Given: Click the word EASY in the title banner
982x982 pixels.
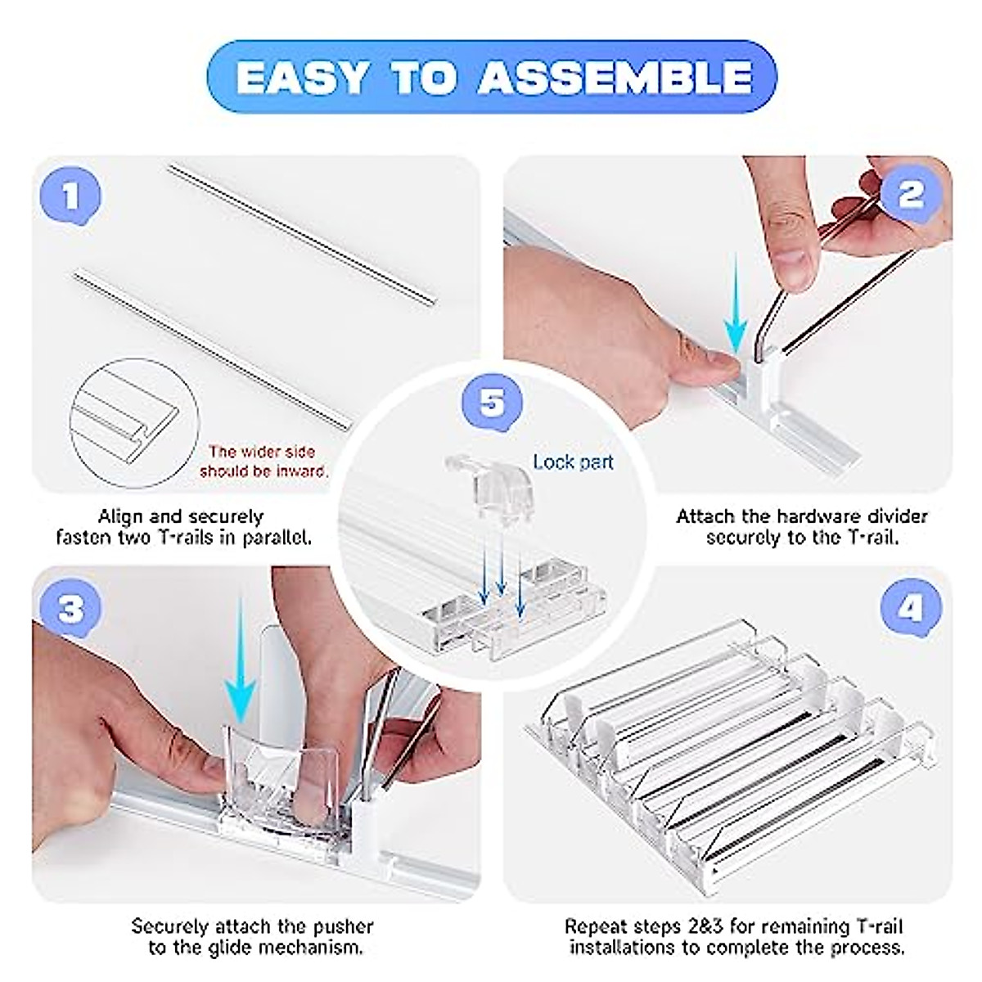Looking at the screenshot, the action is pyautogui.click(x=301, y=78).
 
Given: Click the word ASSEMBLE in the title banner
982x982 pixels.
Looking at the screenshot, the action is pyautogui.click(x=615, y=78).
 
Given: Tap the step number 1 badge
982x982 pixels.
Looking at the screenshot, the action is pyautogui.click(x=71, y=196).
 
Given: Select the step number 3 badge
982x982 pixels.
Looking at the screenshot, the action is pyautogui.click(x=71, y=608).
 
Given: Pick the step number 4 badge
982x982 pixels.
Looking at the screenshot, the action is pyautogui.click(x=912, y=608).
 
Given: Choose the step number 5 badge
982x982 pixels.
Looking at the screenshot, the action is pyautogui.click(x=493, y=403).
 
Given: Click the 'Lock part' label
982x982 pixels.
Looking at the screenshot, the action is pyautogui.click(x=574, y=462).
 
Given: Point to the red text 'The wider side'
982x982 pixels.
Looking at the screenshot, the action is pyautogui.click(x=262, y=452).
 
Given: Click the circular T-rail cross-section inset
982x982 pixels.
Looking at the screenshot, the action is pyautogui.click(x=134, y=423).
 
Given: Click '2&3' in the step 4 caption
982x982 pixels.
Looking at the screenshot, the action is pyautogui.click(x=702, y=926).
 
